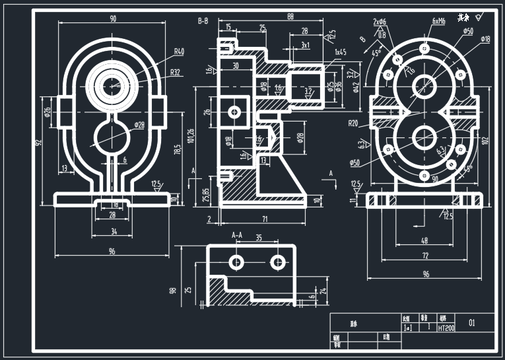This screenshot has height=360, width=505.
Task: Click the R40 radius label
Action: (179, 52)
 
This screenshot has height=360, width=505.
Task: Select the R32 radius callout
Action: (175, 73)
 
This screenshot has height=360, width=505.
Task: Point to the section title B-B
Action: (203, 21)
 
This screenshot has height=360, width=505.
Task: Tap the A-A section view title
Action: (238, 234)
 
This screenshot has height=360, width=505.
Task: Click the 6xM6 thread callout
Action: (438, 21)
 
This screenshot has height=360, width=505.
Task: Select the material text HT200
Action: (447, 328)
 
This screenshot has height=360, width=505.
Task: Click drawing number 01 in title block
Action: (471, 323)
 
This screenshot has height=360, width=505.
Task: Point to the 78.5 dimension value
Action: (176, 151)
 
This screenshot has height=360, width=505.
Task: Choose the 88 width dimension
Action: (271, 16)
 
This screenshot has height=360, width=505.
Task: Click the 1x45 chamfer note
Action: (340, 52)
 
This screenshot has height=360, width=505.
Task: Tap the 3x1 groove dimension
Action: (306, 45)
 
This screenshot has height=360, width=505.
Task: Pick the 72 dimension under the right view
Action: (426, 254)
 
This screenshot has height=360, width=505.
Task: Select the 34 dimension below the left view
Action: (113, 232)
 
